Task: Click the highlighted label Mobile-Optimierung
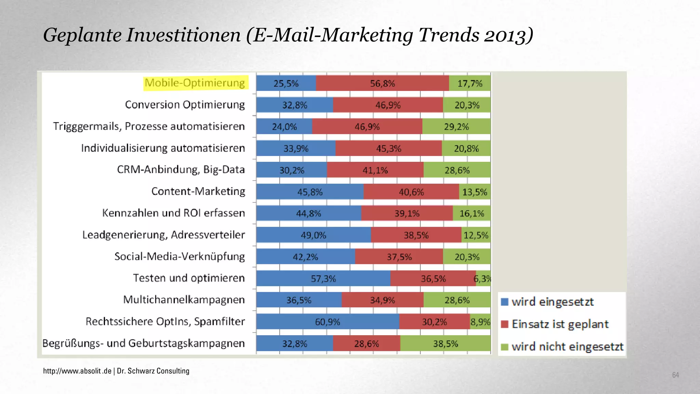(195, 83)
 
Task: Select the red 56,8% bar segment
(382, 83)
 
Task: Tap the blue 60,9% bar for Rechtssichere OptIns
(327, 322)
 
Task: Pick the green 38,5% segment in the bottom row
(445, 343)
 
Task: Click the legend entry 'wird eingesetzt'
(552, 302)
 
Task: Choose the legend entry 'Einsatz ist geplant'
(560, 324)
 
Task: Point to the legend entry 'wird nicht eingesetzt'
(567, 347)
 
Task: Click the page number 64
(675, 375)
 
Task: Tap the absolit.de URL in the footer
(77, 371)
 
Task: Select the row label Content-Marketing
(198, 191)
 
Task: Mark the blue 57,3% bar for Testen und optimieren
(323, 279)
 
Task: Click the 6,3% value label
(482, 279)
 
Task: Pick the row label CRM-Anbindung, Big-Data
(181, 170)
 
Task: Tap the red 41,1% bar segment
(375, 170)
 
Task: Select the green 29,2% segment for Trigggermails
(456, 127)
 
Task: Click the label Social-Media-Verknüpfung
(179, 257)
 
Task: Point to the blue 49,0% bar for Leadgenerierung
(313, 235)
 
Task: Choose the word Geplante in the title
(82, 36)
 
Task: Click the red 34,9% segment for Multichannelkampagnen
(382, 300)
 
